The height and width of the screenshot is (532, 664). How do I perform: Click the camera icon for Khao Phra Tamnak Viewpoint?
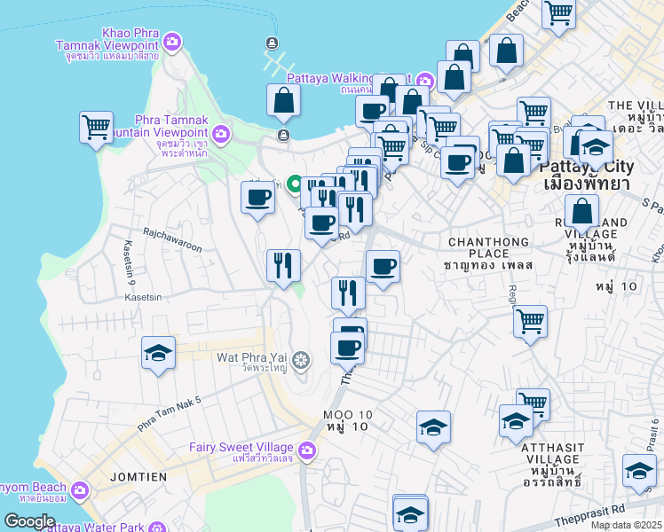(x=172, y=41)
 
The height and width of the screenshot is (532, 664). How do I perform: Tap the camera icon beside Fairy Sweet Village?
(x=308, y=451)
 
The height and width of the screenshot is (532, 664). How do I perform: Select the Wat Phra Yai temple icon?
(x=301, y=360)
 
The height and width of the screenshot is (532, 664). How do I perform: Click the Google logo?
(x=29, y=521)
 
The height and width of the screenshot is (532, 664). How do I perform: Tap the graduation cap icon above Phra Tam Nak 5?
(x=158, y=354)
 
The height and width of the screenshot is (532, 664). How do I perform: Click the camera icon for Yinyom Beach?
(x=81, y=489)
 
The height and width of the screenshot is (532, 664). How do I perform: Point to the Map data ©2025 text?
(x=626, y=525)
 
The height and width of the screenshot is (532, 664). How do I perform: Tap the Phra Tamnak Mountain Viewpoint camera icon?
(x=221, y=135)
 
